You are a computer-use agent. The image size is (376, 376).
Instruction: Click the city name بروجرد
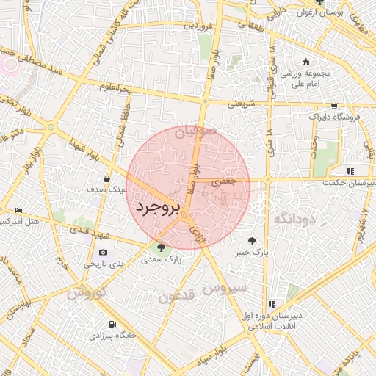pyautogui.click(x=157, y=208)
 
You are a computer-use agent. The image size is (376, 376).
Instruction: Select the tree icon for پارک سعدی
pyautogui.click(x=161, y=247)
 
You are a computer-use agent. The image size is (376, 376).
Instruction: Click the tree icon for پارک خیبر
pyautogui.click(x=252, y=240)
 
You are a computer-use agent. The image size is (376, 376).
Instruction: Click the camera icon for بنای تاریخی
pyautogui.click(x=102, y=252)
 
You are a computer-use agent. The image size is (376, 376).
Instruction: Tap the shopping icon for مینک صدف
pyautogui.click(x=107, y=178)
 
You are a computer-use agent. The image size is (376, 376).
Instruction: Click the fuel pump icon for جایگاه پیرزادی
pyautogui.click(x=112, y=323)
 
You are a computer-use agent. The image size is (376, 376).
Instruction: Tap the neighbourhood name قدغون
pyautogui.click(x=176, y=297)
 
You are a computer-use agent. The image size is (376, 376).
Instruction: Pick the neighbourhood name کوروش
pyautogui.click(x=87, y=293)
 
